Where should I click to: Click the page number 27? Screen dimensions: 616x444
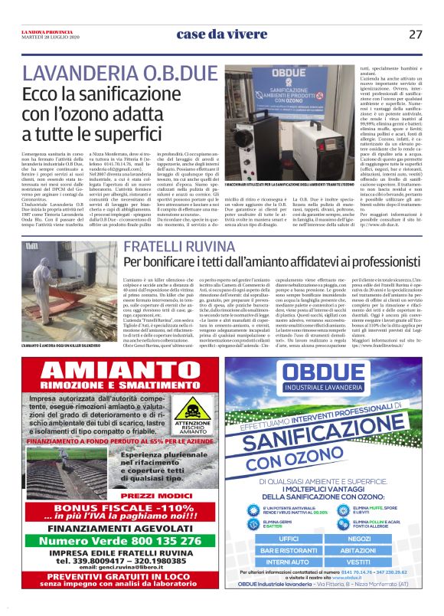[416, 34]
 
